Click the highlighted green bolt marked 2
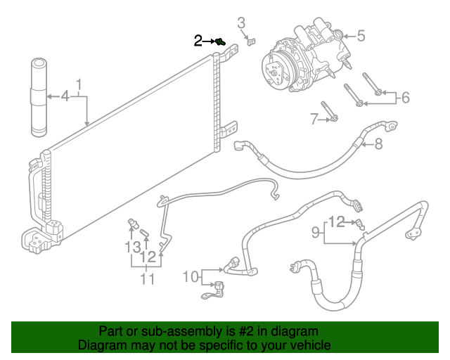pos(220,42)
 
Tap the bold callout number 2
pos(198,41)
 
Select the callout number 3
pos(241,23)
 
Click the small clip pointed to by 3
pos(252,41)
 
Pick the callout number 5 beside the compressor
pos(361,36)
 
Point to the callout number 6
pos(405,98)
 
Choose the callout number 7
pos(314,119)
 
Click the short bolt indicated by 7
pos(329,111)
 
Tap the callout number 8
pos(378,143)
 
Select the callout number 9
pos(316,232)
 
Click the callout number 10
pos(191,277)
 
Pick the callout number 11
pos(148,279)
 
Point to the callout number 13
pos(133,247)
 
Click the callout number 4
pos(65,96)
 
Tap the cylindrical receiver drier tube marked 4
pos(39,98)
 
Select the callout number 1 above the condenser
pos(79,85)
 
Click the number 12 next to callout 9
pos(336,222)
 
